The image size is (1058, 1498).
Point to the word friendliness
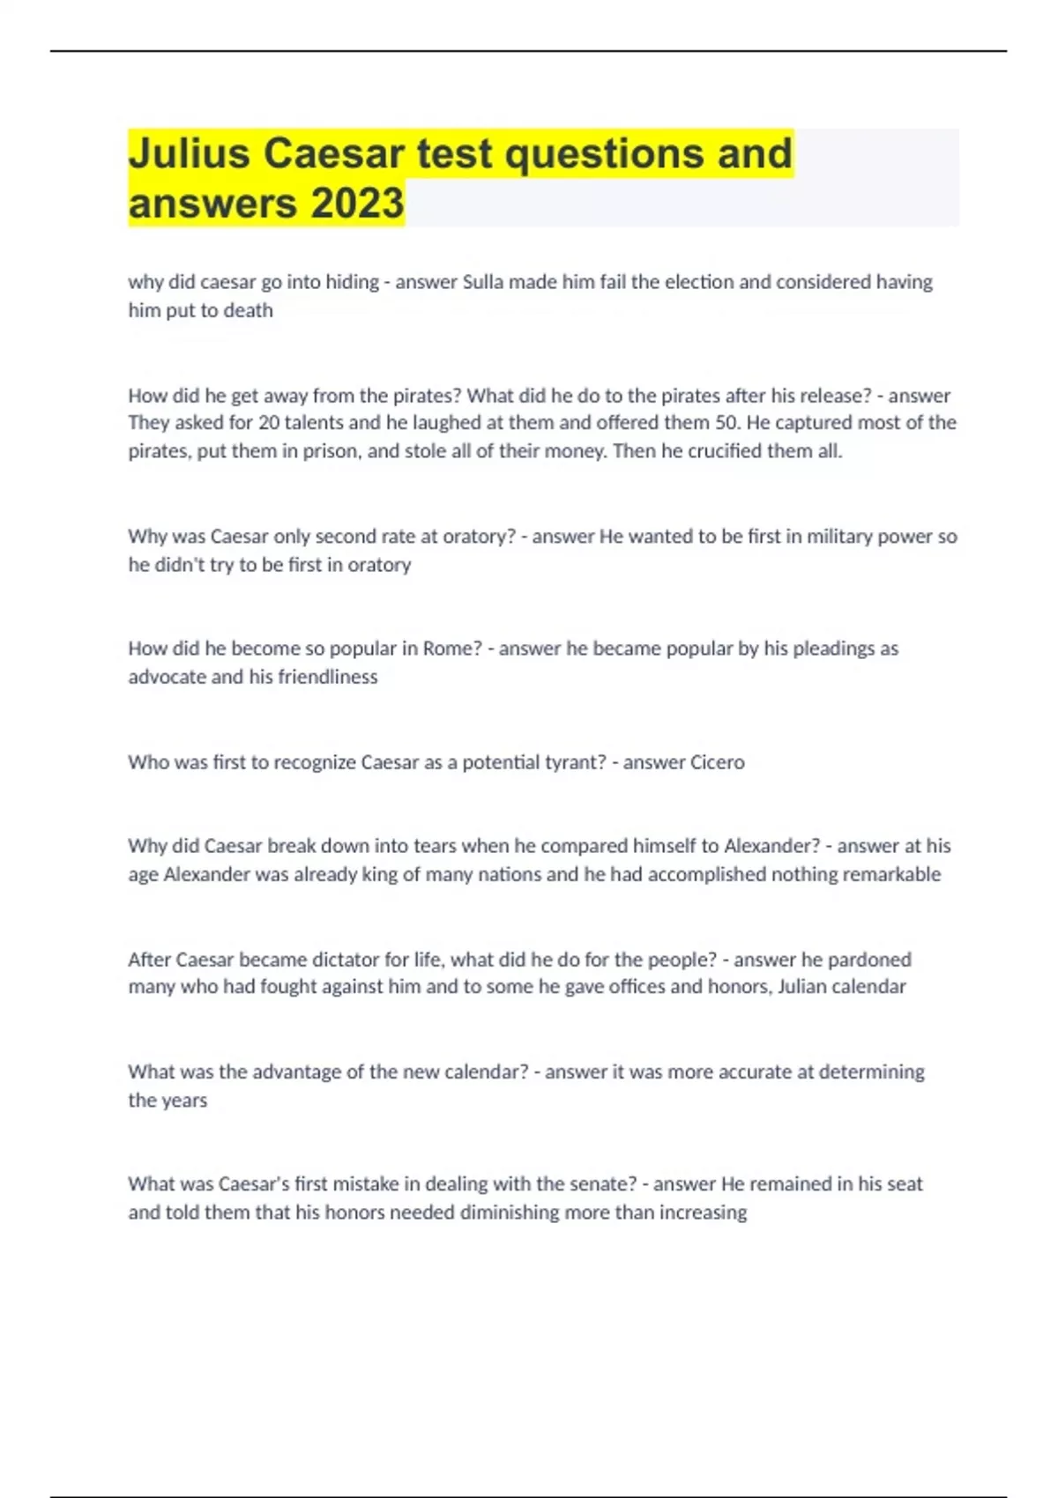click(x=327, y=677)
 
